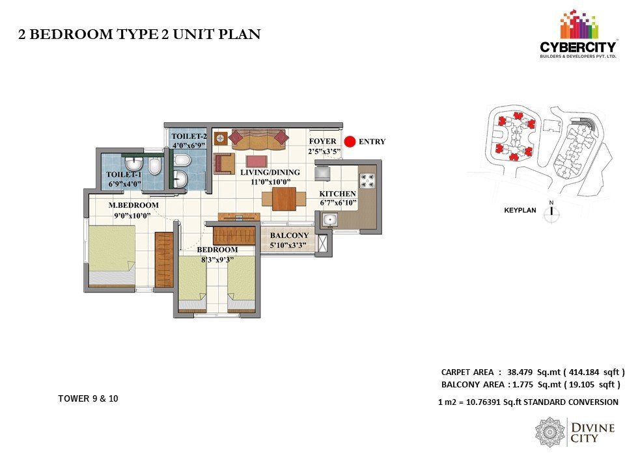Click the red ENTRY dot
pos(350,142)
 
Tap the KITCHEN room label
pos(338,194)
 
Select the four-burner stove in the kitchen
pos(367,181)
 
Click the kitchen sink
pos(330,219)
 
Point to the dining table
pos(284,199)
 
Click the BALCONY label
pos(289,235)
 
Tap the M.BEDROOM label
pos(133,205)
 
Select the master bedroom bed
pos(111,256)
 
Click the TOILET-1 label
pos(124,174)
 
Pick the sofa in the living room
pos(258,139)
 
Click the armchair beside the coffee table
pos(224,163)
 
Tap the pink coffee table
pos(257,162)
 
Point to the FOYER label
pos(322,141)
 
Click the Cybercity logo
pos(577,36)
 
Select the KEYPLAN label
pos(520,210)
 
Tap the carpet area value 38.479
pos(520,372)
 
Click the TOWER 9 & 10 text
pos(88,398)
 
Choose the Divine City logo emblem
pos(550,433)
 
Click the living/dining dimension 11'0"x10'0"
pos(270,182)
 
